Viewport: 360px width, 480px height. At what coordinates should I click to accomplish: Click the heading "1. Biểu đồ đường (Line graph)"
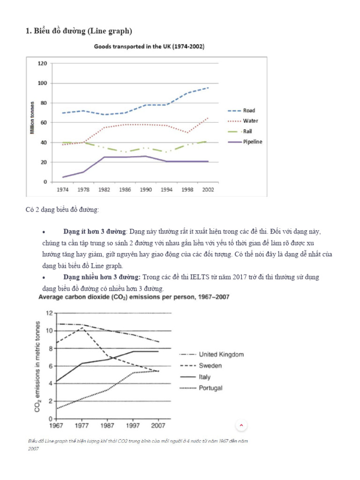(78, 31)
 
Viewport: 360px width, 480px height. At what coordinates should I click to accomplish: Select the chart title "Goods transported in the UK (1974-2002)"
(149, 47)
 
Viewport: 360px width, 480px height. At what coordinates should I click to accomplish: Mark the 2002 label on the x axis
(208, 191)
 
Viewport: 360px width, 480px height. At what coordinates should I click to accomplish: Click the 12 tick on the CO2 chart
(48, 313)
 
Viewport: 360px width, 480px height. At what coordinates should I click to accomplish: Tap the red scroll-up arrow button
(241, 425)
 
